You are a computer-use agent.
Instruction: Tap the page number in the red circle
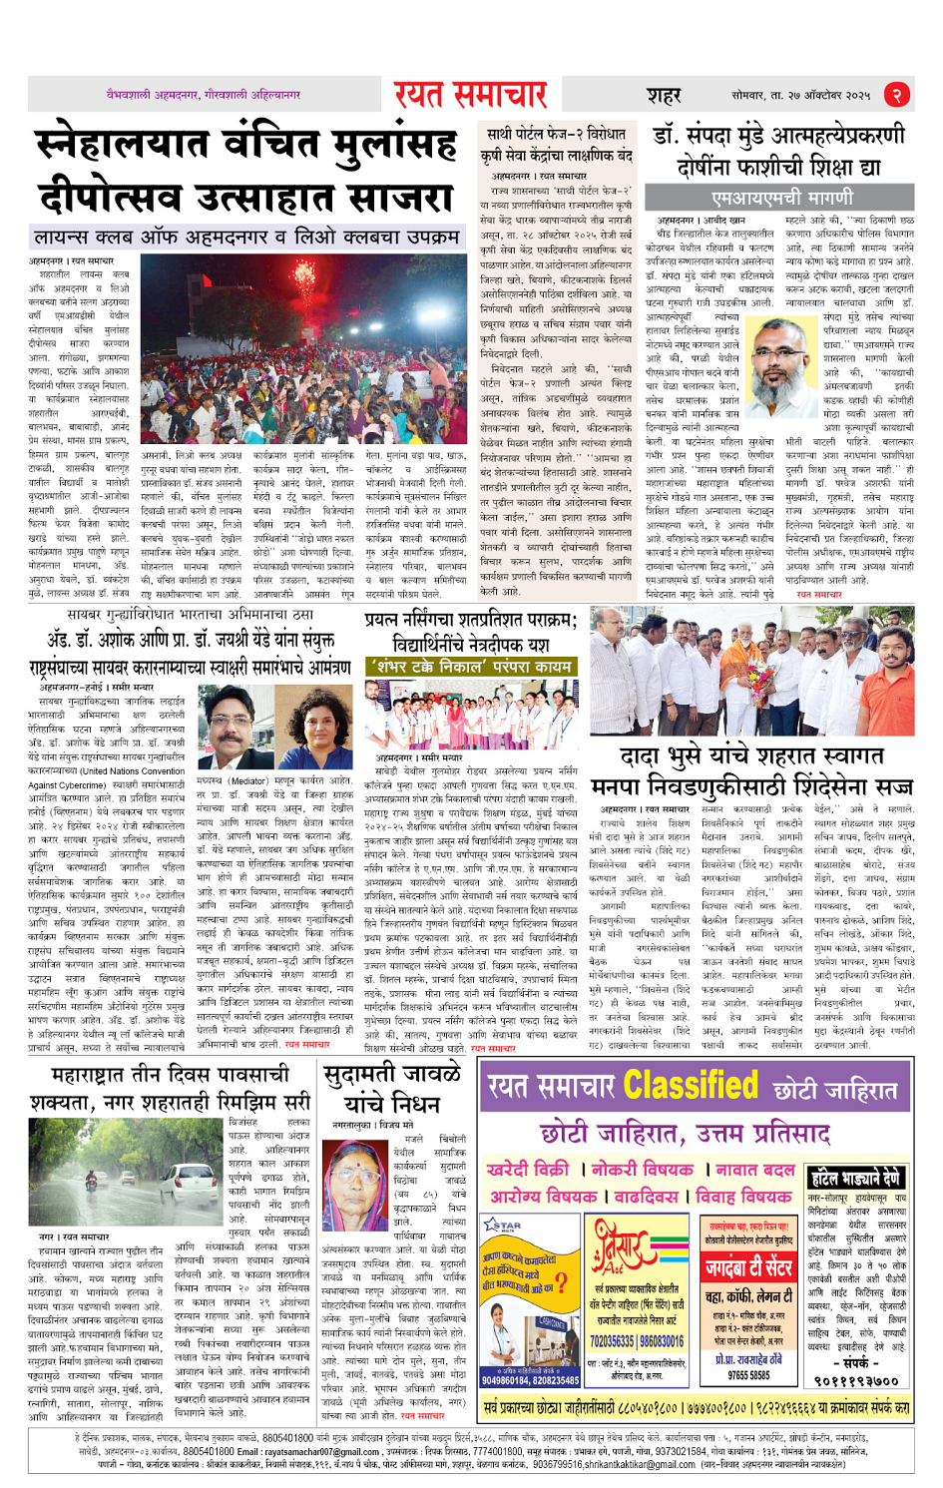point(897,95)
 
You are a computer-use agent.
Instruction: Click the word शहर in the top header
point(664,96)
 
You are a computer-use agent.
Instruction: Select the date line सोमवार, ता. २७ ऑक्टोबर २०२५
point(800,95)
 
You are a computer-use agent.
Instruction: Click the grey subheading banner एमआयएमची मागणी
point(782,198)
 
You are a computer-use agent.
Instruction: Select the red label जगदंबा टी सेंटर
point(748,1268)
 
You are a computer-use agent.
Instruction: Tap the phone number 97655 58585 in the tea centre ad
point(748,1375)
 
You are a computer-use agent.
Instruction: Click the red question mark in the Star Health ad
point(562,1282)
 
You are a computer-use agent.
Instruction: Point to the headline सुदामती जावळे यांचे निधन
point(392,1089)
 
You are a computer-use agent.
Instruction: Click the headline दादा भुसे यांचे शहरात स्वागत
point(752,755)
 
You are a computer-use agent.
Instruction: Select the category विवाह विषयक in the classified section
point(743,1196)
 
